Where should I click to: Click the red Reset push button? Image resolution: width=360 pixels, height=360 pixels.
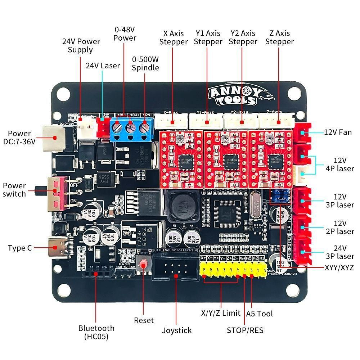pos(144,264)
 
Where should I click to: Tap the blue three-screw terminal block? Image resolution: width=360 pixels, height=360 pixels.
pos(132,128)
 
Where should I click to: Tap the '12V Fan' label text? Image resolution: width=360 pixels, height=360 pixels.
pos(337,132)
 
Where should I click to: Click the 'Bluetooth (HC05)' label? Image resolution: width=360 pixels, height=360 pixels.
pos(96,332)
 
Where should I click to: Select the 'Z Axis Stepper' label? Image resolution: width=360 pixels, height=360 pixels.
pos(279,37)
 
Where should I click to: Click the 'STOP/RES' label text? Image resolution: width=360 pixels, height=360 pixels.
pos(245,330)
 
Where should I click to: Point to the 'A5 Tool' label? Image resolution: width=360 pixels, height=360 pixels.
pos(259,314)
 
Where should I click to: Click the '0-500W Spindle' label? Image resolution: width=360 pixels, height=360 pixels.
pos(145,63)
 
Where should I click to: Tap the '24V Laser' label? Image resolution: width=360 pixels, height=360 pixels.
pos(103,66)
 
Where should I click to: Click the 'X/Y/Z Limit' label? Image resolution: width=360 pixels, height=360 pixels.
pos(220,313)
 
